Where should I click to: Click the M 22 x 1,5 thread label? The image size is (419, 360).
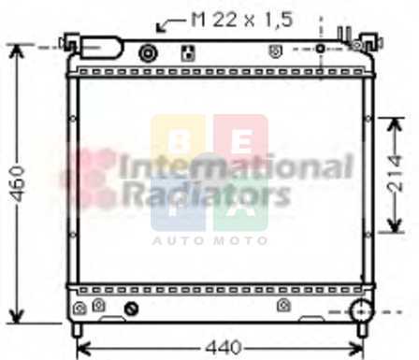242,20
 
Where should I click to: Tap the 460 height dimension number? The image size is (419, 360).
18,184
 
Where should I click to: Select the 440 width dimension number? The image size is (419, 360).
224,347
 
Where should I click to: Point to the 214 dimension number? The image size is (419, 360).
395,173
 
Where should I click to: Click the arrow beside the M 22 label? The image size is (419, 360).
170,25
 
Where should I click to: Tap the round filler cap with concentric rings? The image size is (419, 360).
148,53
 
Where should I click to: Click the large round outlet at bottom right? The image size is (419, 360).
361,310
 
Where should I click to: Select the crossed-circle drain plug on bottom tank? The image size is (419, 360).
131,309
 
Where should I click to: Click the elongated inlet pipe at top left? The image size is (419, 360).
101,48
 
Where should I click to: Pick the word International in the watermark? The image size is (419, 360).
236,166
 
